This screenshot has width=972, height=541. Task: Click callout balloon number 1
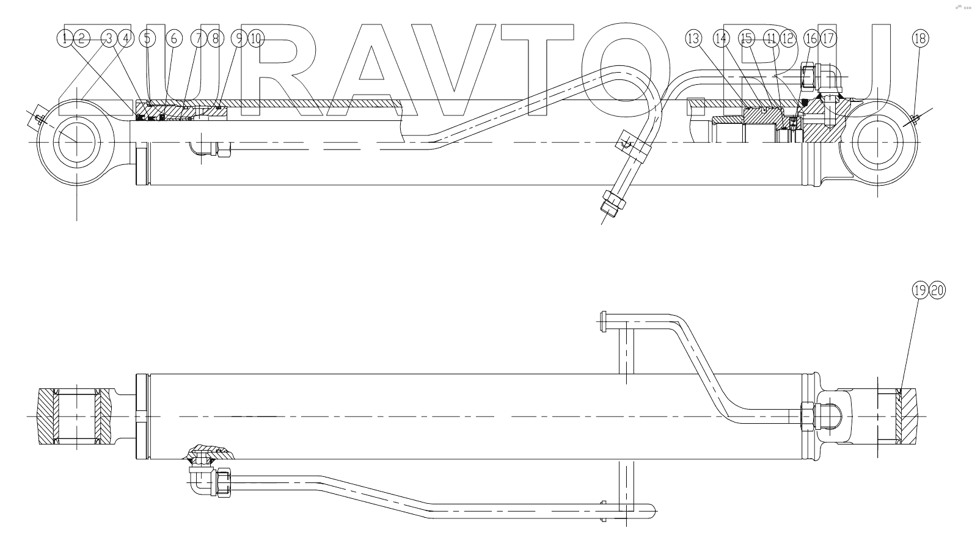[65, 39]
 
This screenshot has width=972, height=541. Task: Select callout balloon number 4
[125, 39]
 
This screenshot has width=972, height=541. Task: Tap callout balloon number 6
[174, 39]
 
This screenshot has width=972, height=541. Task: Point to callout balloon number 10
[256, 39]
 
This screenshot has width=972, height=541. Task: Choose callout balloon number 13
[693, 39]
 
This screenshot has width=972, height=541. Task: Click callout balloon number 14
[722, 39]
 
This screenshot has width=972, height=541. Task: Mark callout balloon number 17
[828, 39]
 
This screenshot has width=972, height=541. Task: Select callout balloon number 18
[920, 39]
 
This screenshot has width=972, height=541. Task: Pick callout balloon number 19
[920, 291]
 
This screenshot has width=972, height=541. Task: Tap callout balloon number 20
[937, 291]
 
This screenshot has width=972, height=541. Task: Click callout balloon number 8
[214, 39]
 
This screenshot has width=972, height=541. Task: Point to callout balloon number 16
[811, 39]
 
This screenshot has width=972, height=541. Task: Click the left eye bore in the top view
[76, 142]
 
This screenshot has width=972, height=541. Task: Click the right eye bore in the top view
[877, 142]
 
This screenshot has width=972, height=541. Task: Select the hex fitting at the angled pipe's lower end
[613, 202]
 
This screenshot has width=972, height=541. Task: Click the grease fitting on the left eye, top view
[37, 118]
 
